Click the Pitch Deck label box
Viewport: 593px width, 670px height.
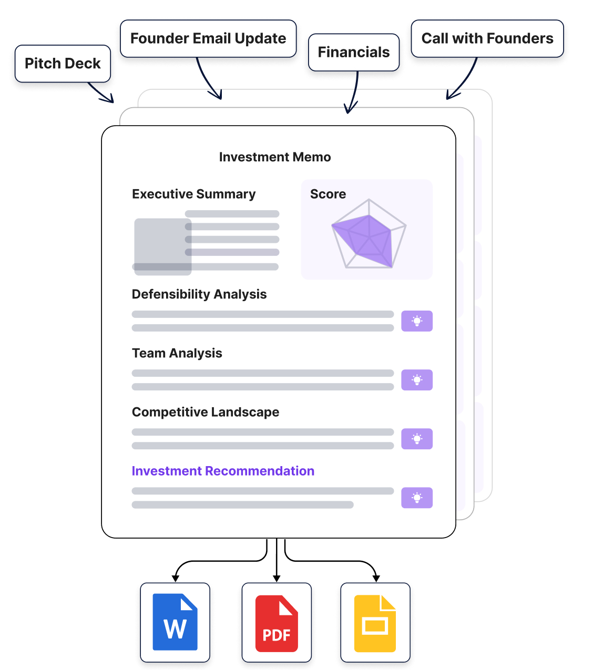coord(63,64)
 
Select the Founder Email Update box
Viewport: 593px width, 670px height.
coord(208,38)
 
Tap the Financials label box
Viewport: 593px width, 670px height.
coord(354,52)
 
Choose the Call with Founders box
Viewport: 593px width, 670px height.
coord(487,38)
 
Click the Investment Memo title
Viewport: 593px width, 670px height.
coord(275,157)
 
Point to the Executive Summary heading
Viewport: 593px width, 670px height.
coord(193,194)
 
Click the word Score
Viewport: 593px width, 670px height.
coord(328,194)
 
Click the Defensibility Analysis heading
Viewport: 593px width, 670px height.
coord(199,294)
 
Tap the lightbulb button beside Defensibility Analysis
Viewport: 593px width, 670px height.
coord(417,321)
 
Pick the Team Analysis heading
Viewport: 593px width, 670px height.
coord(177,353)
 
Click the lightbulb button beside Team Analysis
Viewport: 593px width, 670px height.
coord(417,380)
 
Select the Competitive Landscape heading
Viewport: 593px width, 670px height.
coord(206,412)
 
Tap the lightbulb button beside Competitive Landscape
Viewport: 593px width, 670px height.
coord(417,439)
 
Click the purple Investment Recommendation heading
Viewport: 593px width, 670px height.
coord(223,471)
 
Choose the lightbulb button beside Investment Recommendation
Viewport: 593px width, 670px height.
coord(417,498)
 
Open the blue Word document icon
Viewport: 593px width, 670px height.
coord(175,622)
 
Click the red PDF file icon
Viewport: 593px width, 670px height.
coord(277,623)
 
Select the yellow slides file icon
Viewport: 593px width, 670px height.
coord(375,623)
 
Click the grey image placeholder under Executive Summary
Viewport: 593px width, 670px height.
coord(162,246)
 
